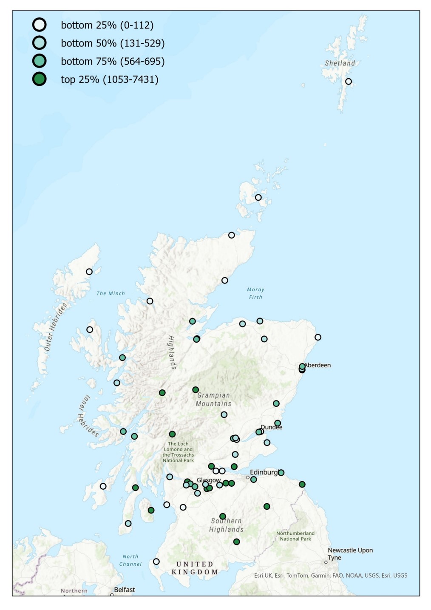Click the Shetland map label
340,63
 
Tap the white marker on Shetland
349,82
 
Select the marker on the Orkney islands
258,198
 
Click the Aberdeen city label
318,365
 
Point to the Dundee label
272,427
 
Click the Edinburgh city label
264,472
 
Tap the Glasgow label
208,480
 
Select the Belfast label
125,590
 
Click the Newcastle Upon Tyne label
350,553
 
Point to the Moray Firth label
255,293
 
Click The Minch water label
111,293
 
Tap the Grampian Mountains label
213,400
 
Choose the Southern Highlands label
226,525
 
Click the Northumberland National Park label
295,536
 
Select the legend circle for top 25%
40,79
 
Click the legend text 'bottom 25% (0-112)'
107,25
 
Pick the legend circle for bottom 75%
40,61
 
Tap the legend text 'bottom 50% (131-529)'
113,43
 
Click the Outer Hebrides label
56,326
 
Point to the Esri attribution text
330,576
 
